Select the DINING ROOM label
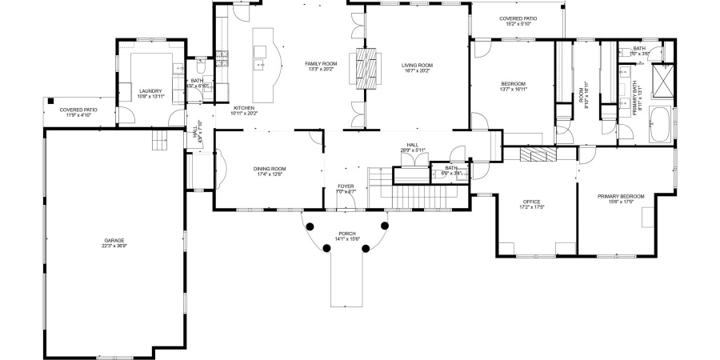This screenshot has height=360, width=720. (270, 169)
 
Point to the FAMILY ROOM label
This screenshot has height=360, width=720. (321, 63)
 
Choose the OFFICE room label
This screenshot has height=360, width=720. (532, 202)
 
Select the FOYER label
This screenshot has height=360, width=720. (346, 186)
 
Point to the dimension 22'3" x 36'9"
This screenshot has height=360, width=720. (114, 246)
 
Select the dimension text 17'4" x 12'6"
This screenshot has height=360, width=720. (270, 174)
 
